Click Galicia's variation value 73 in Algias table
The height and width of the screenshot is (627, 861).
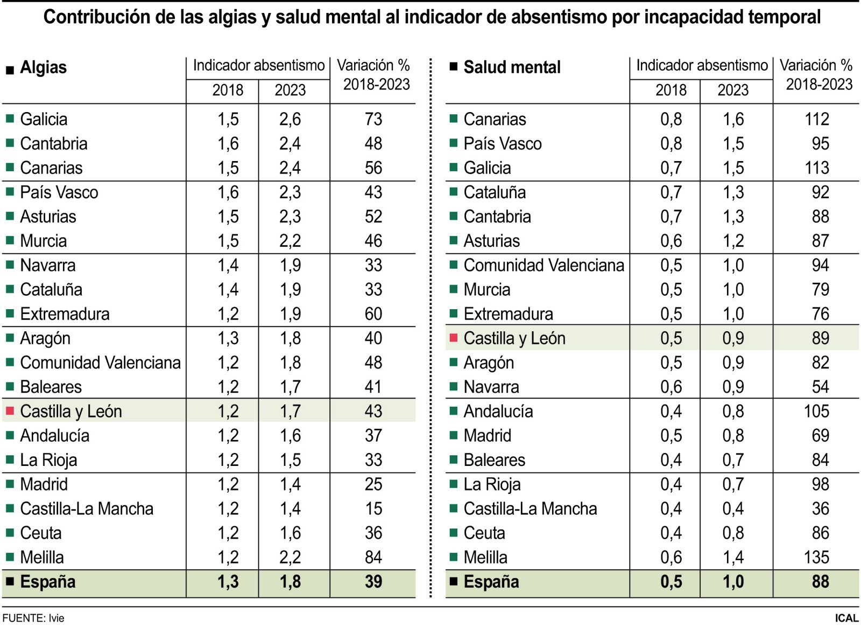373,119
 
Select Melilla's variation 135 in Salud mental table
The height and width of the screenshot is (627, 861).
816,557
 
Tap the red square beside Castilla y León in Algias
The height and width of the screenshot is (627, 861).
10,411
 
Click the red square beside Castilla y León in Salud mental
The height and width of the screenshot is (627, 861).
453,338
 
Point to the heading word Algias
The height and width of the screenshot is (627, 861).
43,68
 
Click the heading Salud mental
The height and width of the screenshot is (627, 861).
512,68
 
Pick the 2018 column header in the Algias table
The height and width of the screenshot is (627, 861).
228,90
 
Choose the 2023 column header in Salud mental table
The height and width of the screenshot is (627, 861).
733,90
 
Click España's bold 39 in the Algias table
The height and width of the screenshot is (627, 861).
373,582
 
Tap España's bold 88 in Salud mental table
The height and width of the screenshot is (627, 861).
820,582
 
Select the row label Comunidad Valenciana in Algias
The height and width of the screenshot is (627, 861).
100,363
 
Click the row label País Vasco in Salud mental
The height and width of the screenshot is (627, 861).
502,144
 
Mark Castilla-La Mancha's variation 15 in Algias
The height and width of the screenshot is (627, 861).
373,508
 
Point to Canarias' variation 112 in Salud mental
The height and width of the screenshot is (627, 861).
816,119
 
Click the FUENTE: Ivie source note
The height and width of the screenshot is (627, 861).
33,618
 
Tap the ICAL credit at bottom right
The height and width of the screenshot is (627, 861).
846,618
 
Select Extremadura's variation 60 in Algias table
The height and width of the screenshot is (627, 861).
373,314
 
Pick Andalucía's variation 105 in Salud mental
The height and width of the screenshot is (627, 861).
816,412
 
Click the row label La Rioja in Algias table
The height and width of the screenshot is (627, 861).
48,460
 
